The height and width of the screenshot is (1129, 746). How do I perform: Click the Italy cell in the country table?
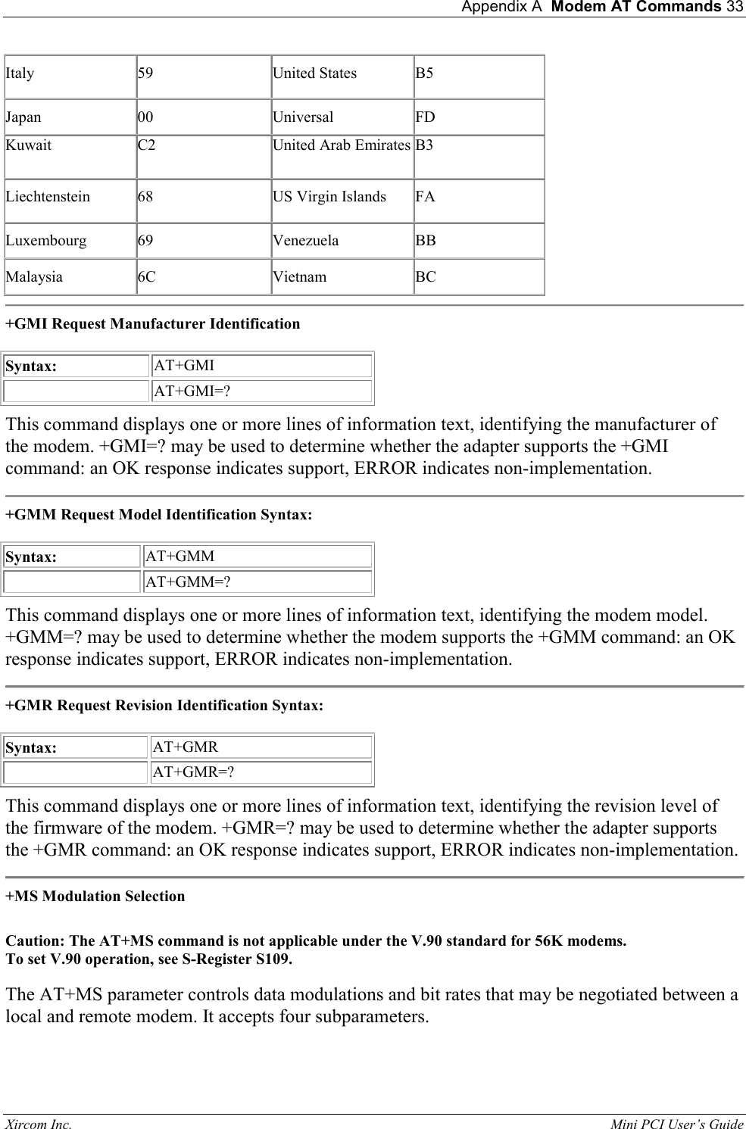[20, 73]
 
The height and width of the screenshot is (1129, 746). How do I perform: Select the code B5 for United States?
[424, 73]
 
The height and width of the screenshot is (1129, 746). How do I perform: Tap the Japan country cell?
[23, 117]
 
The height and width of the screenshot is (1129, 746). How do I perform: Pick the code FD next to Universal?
[425, 117]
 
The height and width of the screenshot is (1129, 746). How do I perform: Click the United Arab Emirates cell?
[341, 145]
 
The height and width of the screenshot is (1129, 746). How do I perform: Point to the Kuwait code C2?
[146, 145]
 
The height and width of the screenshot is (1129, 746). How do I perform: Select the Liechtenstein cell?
[48, 197]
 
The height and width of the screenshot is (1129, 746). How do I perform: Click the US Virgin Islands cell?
[329, 197]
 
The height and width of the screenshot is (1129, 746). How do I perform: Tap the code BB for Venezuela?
[425, 241]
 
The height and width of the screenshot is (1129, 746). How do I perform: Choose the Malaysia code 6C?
[146, 277]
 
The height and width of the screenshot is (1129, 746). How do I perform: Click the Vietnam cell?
[299, 277]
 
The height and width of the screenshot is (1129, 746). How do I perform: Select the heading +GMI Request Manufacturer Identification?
[152, 324]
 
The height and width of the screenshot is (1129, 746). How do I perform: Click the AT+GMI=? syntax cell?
[192, 391]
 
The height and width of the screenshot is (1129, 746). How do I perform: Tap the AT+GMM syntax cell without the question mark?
[179, 557]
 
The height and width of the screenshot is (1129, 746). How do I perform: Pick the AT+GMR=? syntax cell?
[193, 772]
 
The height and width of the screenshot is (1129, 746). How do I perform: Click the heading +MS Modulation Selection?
[95, 897]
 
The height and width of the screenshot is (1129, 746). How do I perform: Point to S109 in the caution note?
[273, 960]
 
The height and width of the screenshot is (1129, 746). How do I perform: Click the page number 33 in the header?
[735, 8]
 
